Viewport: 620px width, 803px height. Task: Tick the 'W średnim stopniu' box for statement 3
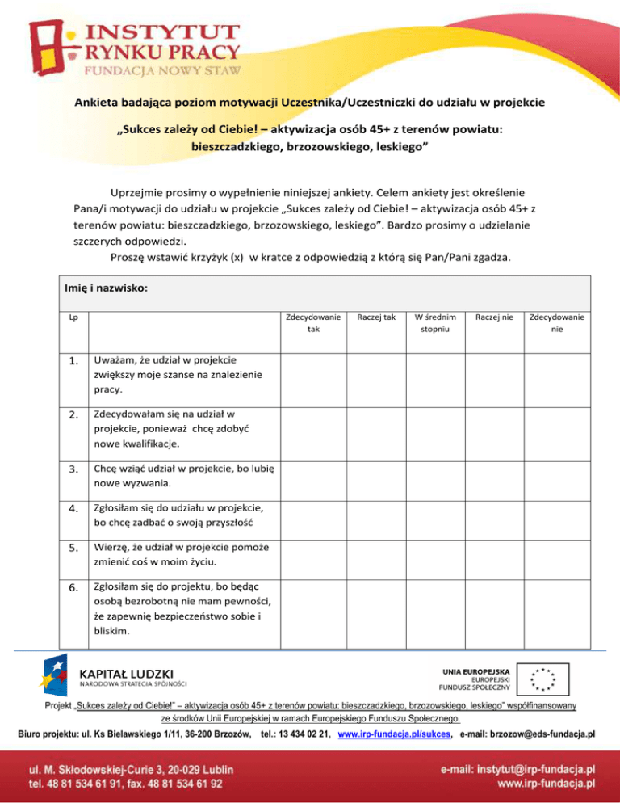(x=435, y=477)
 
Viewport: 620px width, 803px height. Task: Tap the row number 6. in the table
(x=73, y=587)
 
